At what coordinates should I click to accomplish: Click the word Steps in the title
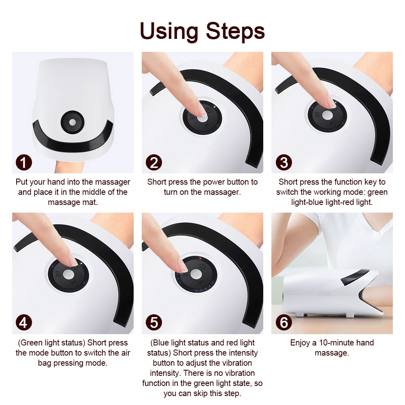point(235,31)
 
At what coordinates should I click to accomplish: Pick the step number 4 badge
point(24,323)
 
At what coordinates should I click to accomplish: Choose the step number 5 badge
point(153,323)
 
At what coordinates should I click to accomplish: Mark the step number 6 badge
point(283,323)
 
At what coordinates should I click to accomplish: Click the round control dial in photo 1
point(72,122)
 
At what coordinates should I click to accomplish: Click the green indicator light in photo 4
point(81,263)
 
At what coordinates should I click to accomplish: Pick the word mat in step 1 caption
point(91,202)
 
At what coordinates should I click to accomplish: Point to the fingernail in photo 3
point(332,104)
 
